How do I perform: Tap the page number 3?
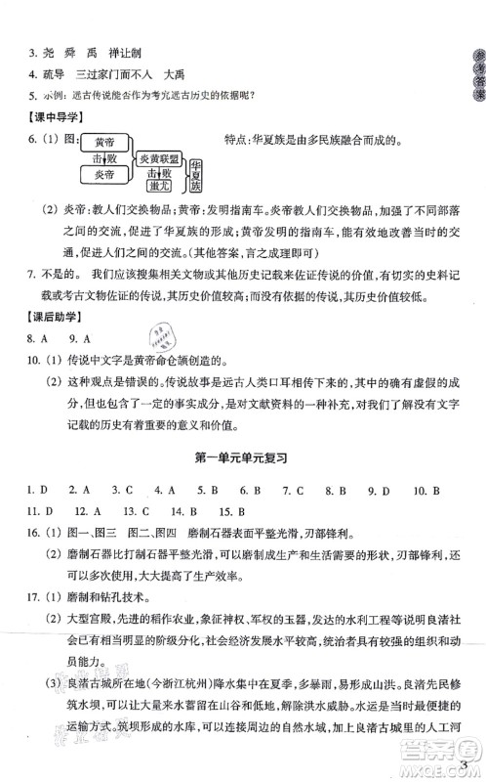tap(467, 763)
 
